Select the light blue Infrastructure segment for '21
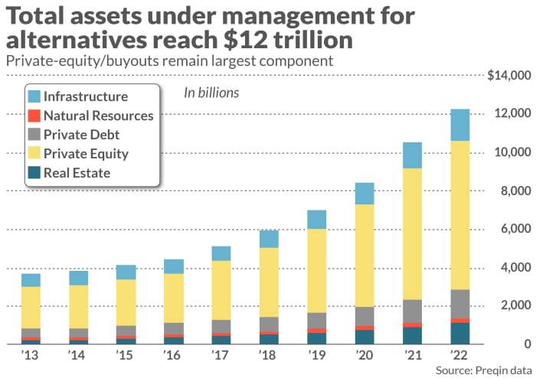[412, 155]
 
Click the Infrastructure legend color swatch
[33, 97]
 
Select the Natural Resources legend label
[99, 116]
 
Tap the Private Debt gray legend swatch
[33, 135]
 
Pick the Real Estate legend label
[77, 173]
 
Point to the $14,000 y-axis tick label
[508, 75]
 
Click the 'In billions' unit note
[211, 93]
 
